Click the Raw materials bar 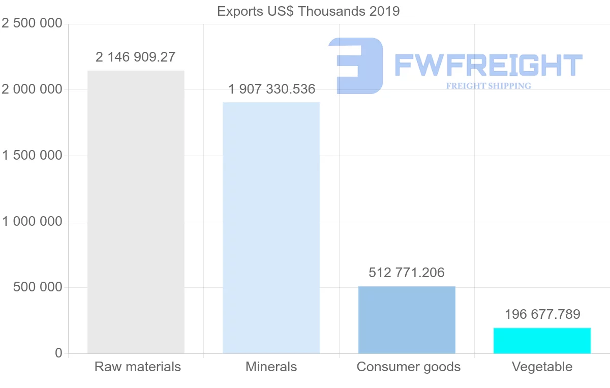136,212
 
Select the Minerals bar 271,228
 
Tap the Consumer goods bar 407,320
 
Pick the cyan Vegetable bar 542,341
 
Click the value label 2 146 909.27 135,57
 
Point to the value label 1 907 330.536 271,89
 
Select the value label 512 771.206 407,273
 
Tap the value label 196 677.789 542,315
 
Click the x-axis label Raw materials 137,367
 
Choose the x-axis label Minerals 271,367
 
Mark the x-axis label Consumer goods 408,367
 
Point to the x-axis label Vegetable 542,367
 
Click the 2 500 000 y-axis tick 32,24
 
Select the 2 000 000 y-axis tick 32,90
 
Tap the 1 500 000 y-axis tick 32,156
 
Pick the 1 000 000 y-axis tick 32,222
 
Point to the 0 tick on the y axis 58,353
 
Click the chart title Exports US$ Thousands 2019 308,11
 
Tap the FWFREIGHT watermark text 488,65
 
